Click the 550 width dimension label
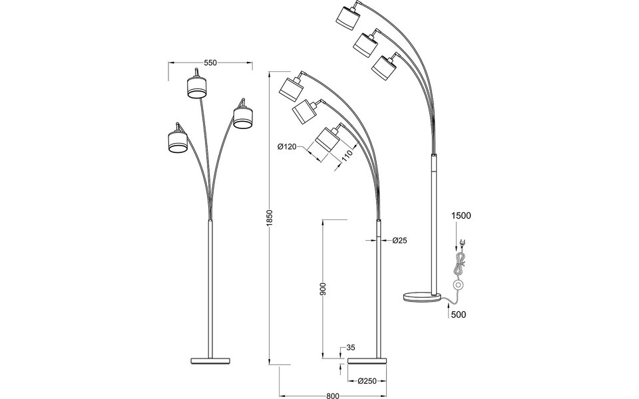(x=210, y=63)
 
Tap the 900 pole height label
(x=323, y=288)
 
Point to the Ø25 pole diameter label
(x=399, y=240)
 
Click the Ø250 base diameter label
(x=368, y=381)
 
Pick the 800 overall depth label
(x=334, y=394)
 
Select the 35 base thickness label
(x=351, y=348)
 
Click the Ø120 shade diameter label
(x=288, y=147)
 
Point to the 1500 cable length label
(x=461, y=216)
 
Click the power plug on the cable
(x=460, y=243)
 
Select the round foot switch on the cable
(x=457, y=285)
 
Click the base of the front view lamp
(x=211, y=360)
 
